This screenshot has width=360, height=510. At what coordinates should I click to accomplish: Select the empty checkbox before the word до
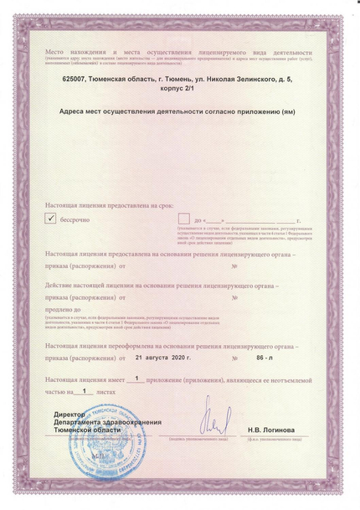pyautogui.click(x=183, y=219)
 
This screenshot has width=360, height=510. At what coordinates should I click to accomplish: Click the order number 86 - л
pyautogui.click(x=265, y=357)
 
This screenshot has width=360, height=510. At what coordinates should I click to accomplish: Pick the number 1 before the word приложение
pyautogui.click(x=136, y=378)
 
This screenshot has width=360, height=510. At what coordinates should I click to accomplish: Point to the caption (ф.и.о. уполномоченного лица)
pyautogui.click(x=271, y=438)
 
